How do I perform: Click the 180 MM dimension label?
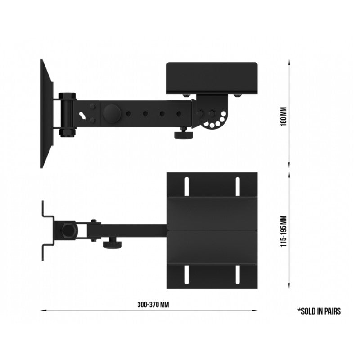tap(283, 116)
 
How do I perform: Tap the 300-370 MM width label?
tap(153, 304)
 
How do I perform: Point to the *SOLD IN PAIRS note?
tap(319, 310)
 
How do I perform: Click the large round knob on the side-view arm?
tap(111, 113)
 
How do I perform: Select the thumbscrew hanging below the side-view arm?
tap(184, 134)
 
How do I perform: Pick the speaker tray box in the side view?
tap(211, 78)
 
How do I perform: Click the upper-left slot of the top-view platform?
tap(185, 186)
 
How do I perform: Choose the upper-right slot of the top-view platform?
tap(237, 186)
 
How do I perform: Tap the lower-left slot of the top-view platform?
tap(185, 274)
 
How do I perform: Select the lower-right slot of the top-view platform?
tap(237, 274)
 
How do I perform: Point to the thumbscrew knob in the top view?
tap(110, 244)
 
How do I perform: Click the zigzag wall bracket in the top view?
tap(47, 230)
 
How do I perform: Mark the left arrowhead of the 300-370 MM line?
tap(43, 310)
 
